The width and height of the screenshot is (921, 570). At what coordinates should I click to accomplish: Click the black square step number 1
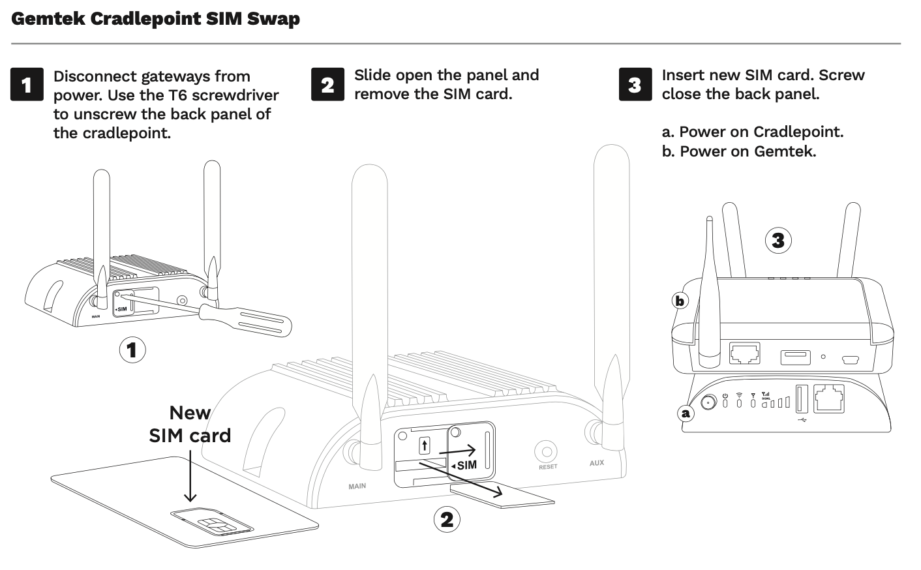(x=27, y=85)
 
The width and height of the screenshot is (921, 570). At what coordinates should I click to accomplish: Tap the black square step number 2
(x=327, y=85)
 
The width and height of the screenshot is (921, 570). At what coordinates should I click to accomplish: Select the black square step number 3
(x=635, y=85)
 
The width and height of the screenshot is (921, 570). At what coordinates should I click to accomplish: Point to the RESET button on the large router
(x=546, y=451)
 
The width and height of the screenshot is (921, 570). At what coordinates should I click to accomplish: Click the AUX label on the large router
(x=596, y=463)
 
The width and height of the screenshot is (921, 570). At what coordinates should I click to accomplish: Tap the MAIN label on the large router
(x=357, y=486)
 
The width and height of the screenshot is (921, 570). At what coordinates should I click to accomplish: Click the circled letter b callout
(x=680, y=301)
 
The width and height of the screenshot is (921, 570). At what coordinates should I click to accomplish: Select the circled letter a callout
(x=685, y=412)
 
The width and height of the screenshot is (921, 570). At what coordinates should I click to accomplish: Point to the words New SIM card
(x=190, y=424)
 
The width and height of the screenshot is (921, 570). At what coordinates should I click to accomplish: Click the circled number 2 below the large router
(x=447, y=519)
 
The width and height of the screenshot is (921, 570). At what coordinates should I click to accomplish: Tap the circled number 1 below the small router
(x=132, y=350)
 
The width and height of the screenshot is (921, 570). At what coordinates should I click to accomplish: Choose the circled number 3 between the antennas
(x=778, y=241)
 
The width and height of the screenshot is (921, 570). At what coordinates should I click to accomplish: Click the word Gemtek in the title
(x=48, y=18)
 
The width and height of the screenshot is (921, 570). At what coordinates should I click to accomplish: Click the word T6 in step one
(x=180, y=95)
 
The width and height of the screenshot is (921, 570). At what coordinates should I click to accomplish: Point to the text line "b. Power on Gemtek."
(x=738, y=151)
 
